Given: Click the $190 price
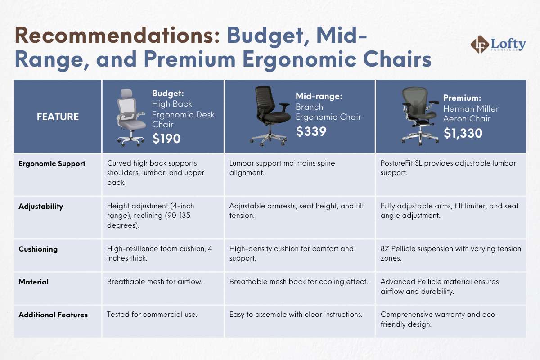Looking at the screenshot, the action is tap(166, 139).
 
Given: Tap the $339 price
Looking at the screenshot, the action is tap(311, 131).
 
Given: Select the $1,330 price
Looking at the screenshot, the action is tap(463, 133).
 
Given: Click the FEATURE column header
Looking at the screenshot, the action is tap(58, 117).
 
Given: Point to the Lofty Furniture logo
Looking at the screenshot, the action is tap(498, 45).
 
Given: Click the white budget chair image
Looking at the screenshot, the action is tap(130, 117).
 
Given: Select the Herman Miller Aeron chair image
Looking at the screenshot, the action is tap(420, 116).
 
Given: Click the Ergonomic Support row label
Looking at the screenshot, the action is tap(52, 164).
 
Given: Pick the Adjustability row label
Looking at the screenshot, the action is tap(41, 207).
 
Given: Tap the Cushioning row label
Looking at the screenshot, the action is tap(38, 249).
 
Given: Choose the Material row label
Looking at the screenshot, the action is tap(33, 282).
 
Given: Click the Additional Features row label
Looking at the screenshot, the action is tap(53, 315).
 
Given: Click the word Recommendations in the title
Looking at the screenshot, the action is tap(117, 36).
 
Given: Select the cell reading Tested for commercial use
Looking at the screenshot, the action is tap(152, 315).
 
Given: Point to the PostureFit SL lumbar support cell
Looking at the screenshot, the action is tap(448, 168).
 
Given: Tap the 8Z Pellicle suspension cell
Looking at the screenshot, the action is tap(451, 253).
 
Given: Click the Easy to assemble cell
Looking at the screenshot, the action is tap(296, 315).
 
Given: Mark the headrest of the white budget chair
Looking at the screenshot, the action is tap(127, 93).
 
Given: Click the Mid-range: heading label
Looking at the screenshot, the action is tap(319, 96).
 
